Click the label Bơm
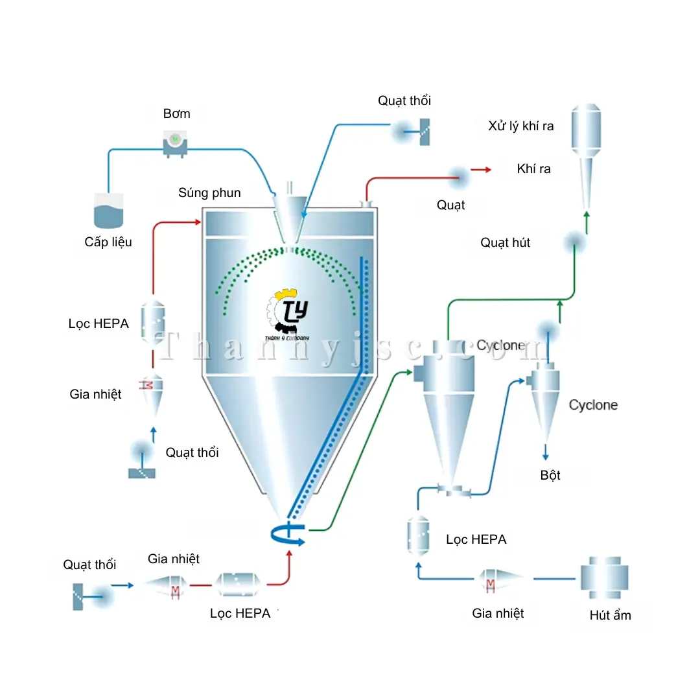coord(176,114)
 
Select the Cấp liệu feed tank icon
coord(108,211)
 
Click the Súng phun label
coord(209,192)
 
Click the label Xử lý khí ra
coord(521,126)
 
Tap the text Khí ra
coord(534,169)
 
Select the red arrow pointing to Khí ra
coord(480,170)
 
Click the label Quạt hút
coord(506,243)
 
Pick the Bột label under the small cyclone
coord(550,475)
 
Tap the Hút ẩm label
coord(610,615)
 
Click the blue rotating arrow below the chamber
coord(288,534)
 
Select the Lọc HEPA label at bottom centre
coord(240,613)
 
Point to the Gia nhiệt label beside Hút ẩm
coord(498,613)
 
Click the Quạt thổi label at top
coord(404,100)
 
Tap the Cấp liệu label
coord(108,242)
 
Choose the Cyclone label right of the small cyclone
coord(593,405)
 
